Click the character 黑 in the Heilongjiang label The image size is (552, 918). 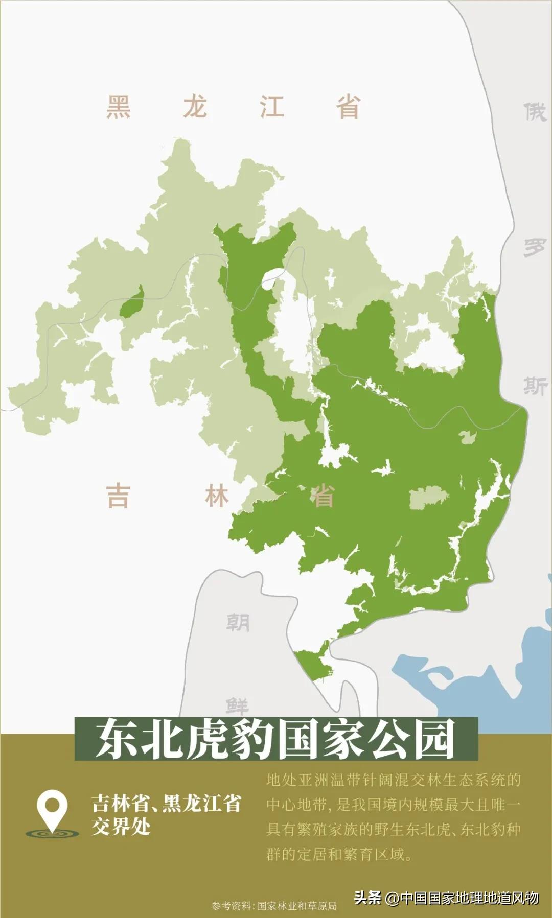point(119,107)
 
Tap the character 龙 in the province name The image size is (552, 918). point(195,107)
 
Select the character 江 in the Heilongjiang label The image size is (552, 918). point(271,107)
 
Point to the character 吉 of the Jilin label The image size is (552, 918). point(118,496)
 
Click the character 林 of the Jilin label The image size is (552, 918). point(217,496)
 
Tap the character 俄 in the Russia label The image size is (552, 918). point(535,111)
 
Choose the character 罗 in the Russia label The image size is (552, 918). point(535,248)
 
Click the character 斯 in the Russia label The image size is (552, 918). point(535,385)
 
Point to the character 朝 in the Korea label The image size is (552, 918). point(238,623)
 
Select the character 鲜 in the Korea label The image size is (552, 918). point(238,706)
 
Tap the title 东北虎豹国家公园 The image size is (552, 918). point(275,739)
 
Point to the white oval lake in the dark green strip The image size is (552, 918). point(271,277)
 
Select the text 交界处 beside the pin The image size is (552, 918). point(121,827)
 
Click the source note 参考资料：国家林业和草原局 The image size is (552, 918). point(274,906)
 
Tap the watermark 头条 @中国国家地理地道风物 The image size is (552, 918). point(446,898)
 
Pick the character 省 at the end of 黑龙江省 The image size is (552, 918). point(348,107)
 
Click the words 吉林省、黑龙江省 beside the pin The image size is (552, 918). point(166,804)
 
